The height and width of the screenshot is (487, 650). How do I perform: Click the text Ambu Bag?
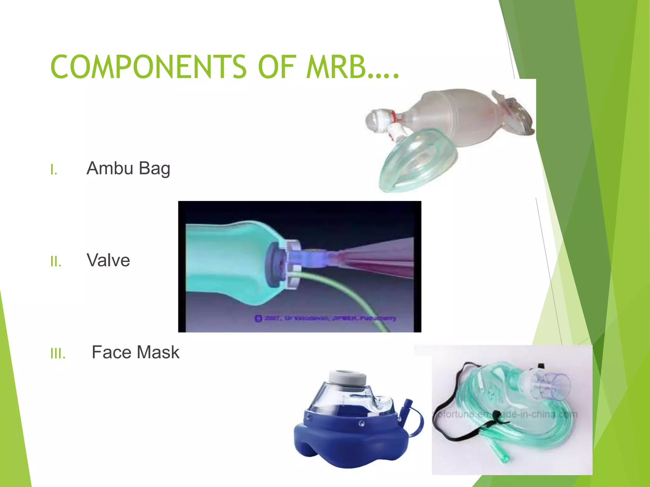click(128, 168)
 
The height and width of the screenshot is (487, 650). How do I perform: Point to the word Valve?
click(108, 260)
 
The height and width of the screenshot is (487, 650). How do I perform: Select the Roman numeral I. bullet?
click(54, 170)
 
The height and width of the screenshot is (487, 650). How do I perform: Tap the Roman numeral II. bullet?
click(56, 262)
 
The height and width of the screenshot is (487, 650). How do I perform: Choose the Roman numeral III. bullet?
click(58, 354)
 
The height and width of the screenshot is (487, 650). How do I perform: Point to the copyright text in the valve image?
click(325, 318)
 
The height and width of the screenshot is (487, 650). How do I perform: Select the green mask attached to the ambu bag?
click(419, 162)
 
